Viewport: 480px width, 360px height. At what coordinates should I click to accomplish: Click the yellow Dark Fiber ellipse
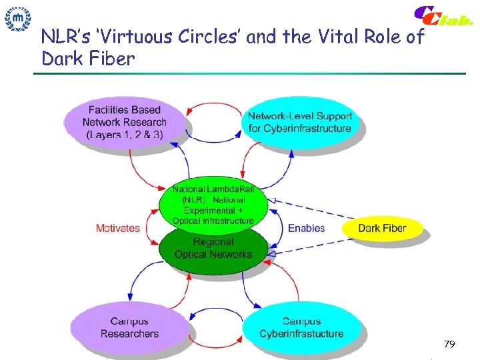tap(382, 229)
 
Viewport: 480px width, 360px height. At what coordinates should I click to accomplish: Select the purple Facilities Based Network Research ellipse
tap(124, 122)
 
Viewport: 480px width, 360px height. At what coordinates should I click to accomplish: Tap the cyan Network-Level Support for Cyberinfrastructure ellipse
tap(300, 121)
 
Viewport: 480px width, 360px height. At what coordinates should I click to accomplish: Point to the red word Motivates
tap(118, 228)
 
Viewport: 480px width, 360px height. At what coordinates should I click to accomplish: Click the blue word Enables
tap(306, 228)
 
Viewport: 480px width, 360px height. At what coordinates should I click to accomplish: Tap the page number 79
tap(449, 344)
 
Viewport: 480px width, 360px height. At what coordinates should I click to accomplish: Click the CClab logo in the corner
tap(443, 16)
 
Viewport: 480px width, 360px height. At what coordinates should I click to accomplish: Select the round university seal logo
tap(18, 19)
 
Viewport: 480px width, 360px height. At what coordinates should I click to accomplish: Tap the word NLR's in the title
tap(66, 37)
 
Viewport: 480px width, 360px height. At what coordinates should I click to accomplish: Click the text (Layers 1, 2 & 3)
tap(124, 134)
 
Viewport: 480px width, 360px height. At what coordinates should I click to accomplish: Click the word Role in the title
tap(377, 37)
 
